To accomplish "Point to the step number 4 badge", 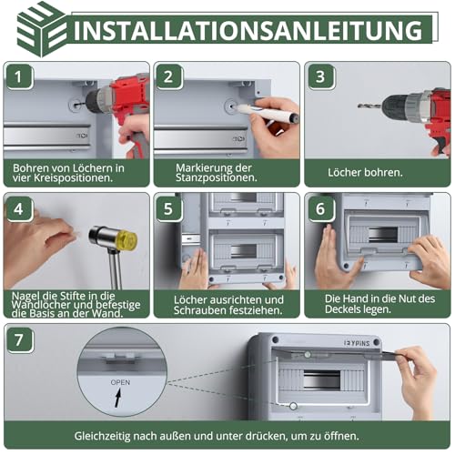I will [19, 208].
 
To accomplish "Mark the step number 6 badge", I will [319, 208].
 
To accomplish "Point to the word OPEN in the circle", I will [120, 383].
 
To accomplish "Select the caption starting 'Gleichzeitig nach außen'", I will [227, 435].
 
